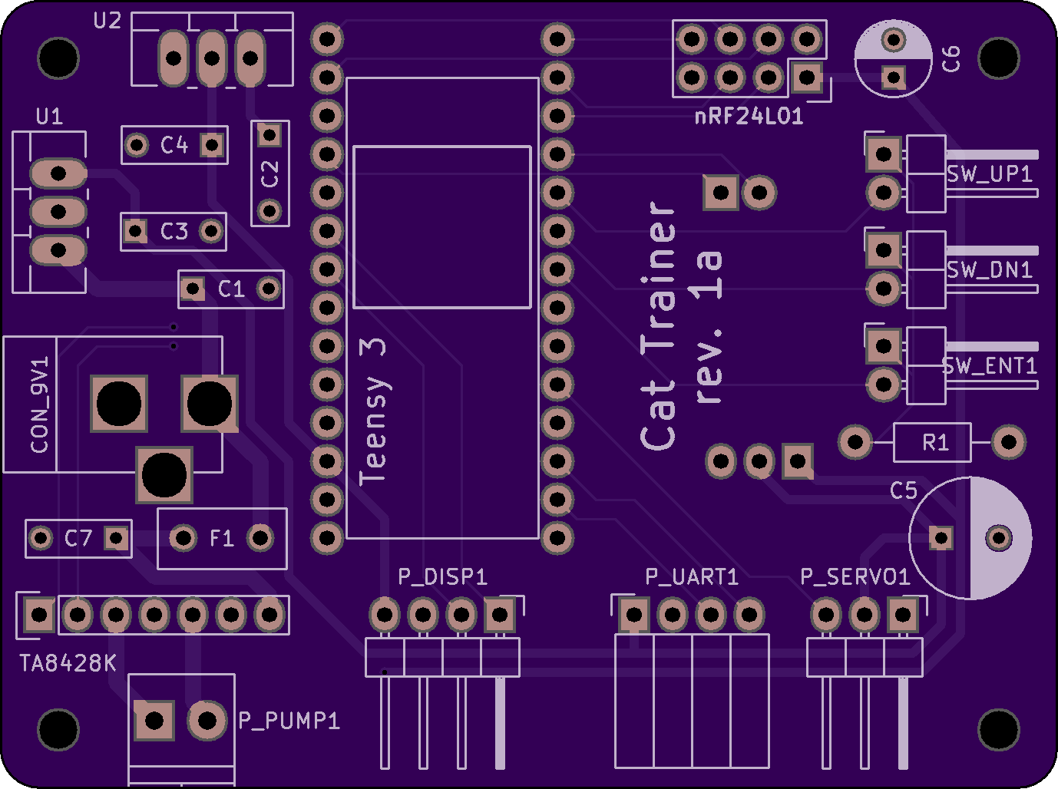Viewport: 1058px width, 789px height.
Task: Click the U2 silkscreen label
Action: pyautogui.click(x=107, y=21)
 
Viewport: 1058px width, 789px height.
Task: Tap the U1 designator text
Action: pyautogui.click(x=49, y=117)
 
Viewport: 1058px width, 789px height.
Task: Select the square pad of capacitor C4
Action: pyautogui.click(x=212, y=144)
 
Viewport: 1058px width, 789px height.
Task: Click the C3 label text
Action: pyautogui.click(x=174, y=231)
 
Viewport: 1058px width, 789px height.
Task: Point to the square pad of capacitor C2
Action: pyautogui.click(x=269, y=135)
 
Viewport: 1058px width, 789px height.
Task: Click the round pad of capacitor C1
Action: pyautogui.click(x=269, y=289)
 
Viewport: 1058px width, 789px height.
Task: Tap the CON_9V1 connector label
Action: pyautogui.click(x=39, y=404)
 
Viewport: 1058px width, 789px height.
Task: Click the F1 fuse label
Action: pyautogui.click(x=222, y=538)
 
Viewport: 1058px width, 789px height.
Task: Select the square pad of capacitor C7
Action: pyautogui.click(x=116, y=538)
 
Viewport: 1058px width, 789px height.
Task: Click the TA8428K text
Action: pyautogui.click(x=68, y=663)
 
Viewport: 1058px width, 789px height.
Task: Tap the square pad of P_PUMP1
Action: pyautogui.click(x=154, y=721)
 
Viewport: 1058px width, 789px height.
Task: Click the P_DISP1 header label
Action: pyautogui.click(x=442, y=576)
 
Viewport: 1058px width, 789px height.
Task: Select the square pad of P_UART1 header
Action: pyautogui.click(x=634, y=615)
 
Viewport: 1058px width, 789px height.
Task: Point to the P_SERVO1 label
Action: pyautogui.click(x=855, y=576)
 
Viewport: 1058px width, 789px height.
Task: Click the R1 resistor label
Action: pyautogui.click(x=936, y=442)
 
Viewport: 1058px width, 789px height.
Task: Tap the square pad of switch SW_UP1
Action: pyautogui.click(x=884, y=154)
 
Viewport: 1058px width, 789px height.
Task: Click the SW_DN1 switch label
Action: pyautogui.click(x=989, y=269)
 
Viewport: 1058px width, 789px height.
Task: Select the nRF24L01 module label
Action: pyautogui.click(x=749, y=117)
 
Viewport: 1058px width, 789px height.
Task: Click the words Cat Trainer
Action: pyautogui.click(x=659, y=325)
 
